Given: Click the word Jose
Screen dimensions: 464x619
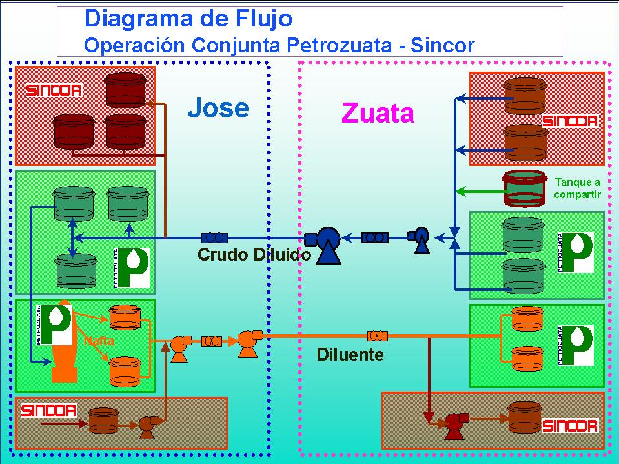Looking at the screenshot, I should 218,108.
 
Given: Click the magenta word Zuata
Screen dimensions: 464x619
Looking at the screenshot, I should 378,114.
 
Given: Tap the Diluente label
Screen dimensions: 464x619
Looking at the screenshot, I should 350,354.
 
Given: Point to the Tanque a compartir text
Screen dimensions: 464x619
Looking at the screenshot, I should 577,188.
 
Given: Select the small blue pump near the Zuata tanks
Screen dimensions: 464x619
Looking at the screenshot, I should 420,239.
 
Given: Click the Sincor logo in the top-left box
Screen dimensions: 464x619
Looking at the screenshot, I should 54,90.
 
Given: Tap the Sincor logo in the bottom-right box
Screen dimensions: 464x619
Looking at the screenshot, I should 570,425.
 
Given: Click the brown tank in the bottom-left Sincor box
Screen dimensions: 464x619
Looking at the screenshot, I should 103,419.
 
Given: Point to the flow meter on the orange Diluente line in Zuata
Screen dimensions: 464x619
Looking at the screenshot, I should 377,336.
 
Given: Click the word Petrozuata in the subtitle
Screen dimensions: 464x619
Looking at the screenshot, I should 335,46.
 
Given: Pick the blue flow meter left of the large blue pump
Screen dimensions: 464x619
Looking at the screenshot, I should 213,237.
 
